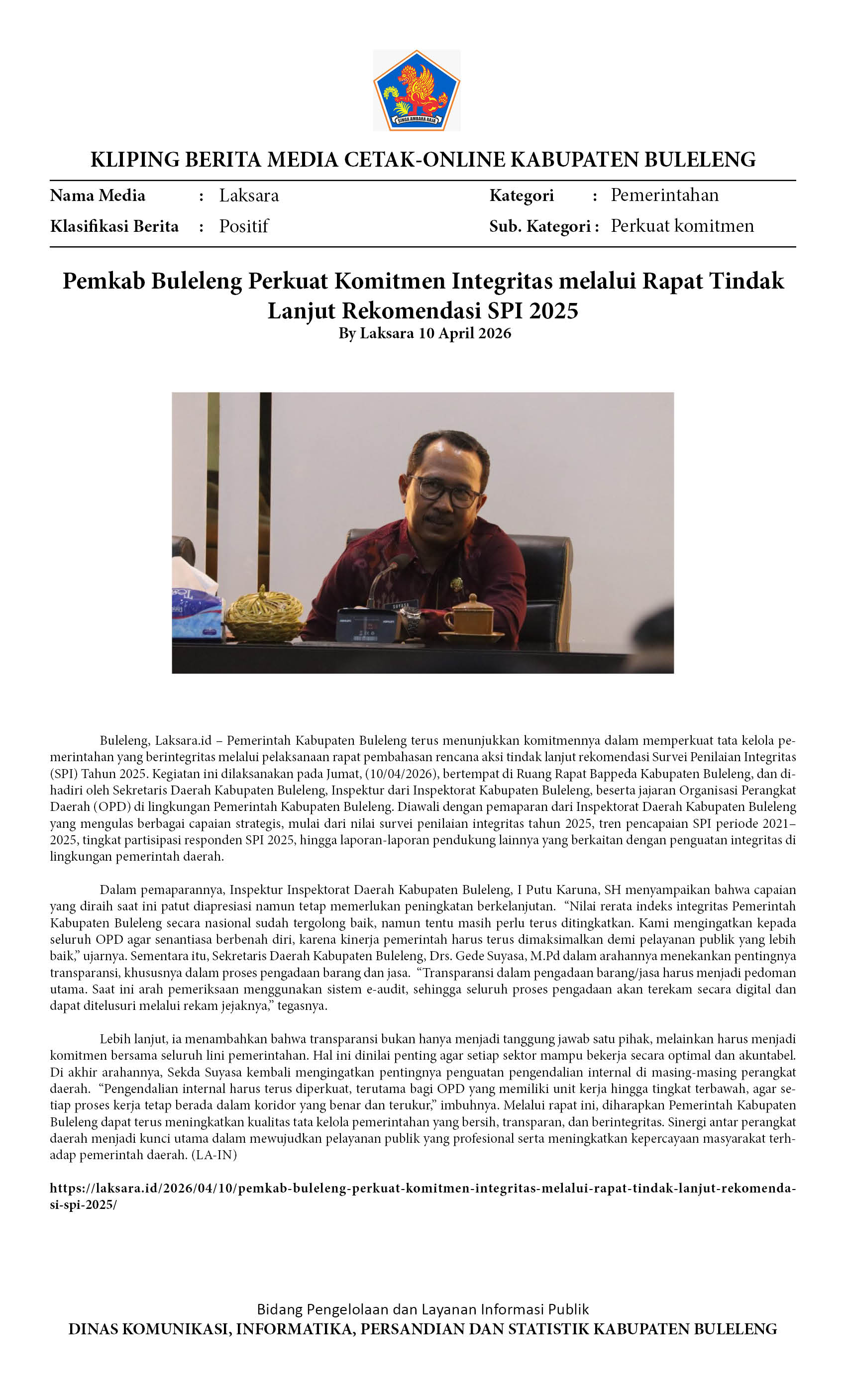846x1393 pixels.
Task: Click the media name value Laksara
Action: click(249, 196)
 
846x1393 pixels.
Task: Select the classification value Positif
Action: click(244, 226)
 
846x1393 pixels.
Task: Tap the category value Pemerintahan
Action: click(664, 195)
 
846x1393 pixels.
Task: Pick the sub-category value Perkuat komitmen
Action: click(682, 226)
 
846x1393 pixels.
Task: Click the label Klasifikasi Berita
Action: click(114, 226)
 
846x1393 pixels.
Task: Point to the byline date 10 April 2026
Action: click(464, 333)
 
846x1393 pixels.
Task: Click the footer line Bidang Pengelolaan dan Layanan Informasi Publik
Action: click(423, 1309)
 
